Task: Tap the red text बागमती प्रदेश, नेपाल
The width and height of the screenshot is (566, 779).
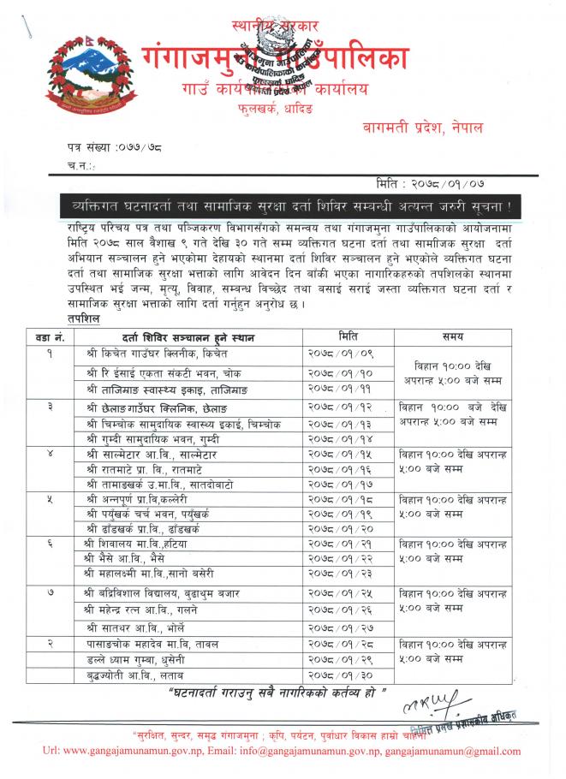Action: point(421,128)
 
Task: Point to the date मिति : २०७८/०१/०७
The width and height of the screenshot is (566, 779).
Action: point(434,183)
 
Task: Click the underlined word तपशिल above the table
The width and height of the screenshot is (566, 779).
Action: point(83,319)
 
